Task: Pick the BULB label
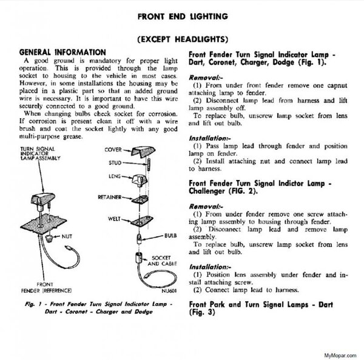click(x=170, y=233)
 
